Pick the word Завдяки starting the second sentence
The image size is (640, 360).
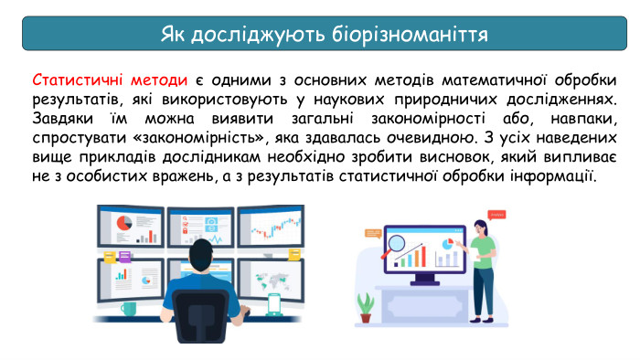pos(62,119)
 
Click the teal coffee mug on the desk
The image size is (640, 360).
pos(129,310)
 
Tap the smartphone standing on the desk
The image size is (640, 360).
pos(273,301)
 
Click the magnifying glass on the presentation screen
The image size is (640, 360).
pos(395,245)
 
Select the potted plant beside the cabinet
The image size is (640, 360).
pos(365,305)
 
